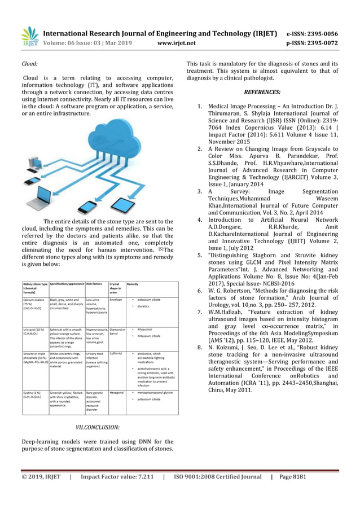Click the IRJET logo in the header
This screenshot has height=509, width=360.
coord(29,36)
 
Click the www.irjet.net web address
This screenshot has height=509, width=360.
coord(177,42)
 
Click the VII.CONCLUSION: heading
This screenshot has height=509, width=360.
coord(98,427)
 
